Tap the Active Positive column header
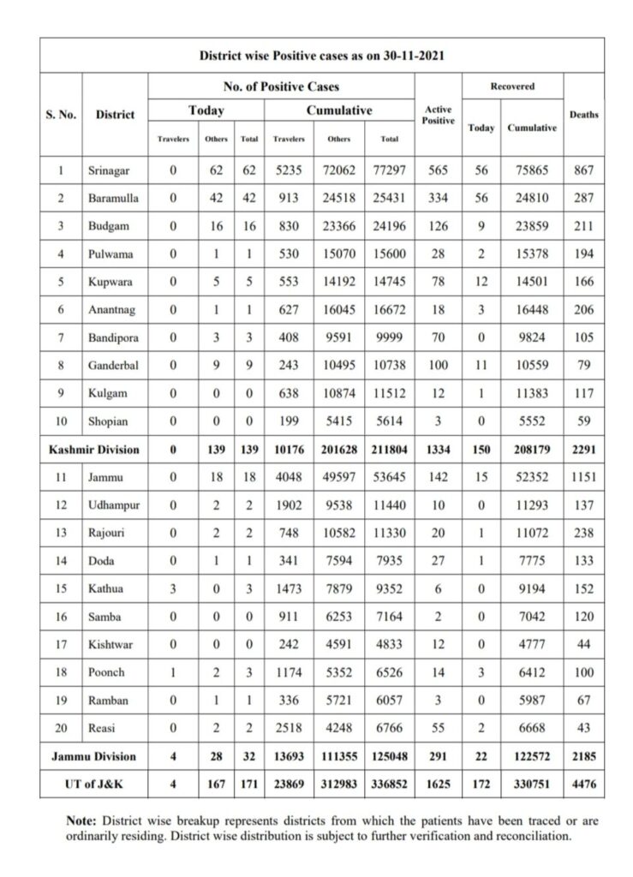click(438, 115)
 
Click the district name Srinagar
click(109, 171)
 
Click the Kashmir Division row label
click(93, 449)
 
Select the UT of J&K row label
click(93, 782)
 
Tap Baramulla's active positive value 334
click(438, 197)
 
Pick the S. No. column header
click(60, 115)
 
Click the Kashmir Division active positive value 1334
click(438, 449)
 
